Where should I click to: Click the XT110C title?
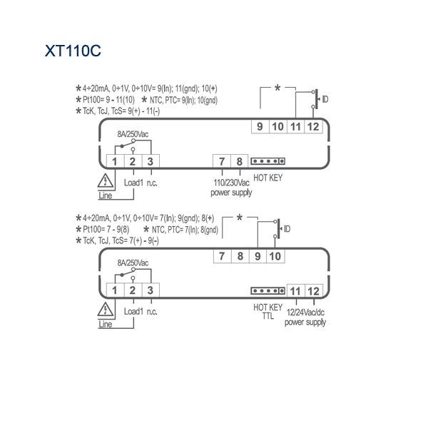(x=73, y=51)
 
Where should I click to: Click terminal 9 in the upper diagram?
(x=260, y=126)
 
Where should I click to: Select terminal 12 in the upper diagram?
(x=313, y=126)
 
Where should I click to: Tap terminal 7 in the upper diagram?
(x=222, y=161)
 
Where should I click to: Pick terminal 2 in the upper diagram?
(x=133, y=161)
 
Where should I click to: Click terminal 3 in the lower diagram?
(x=151, y=290)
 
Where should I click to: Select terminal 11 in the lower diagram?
(x=295, y=291)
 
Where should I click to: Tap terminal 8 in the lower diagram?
(x=240, y=256)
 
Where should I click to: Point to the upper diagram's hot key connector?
(x=268, y=161)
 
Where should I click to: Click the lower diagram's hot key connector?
(x=268, y=291)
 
